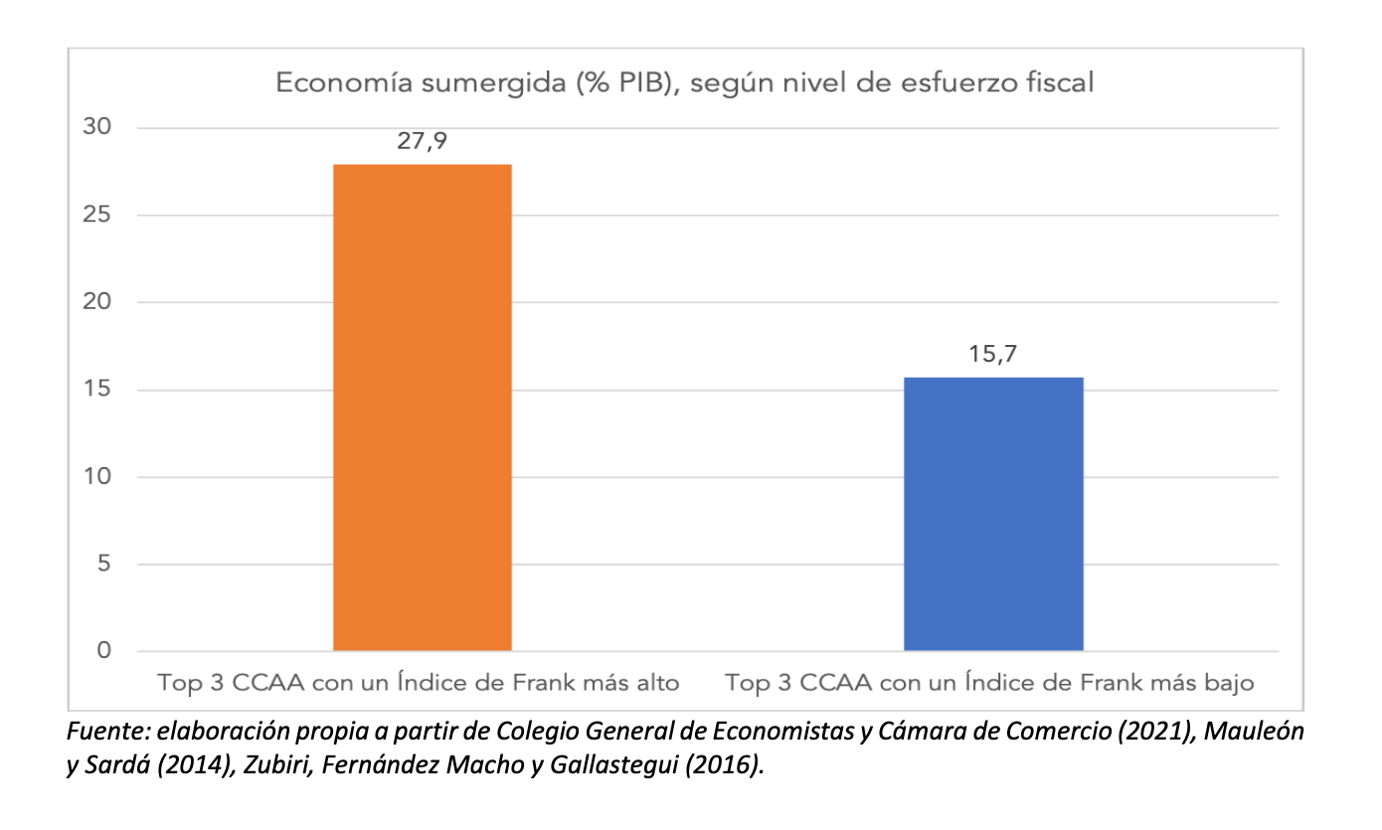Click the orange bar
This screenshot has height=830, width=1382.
[x=423, y=408]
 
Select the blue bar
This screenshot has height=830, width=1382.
[x=993, y=514]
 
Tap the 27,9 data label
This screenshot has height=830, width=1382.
[x=423, y=141]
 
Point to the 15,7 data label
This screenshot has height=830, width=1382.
[x=993, y=355]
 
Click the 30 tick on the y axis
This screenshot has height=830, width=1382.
[x=99, y=128]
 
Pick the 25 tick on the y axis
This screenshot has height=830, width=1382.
[x=99, y=216]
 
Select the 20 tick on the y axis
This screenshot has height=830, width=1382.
[x=99, y=302]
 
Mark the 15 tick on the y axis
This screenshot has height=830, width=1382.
[x=99, y=390]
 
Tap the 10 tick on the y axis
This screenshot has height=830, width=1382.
[x=99, y=477]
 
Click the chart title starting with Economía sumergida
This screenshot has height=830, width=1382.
[x=684, y=83]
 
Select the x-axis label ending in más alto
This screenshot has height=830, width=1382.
[x=419, y=684]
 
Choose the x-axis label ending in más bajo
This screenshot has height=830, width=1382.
[x=989, y=684]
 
